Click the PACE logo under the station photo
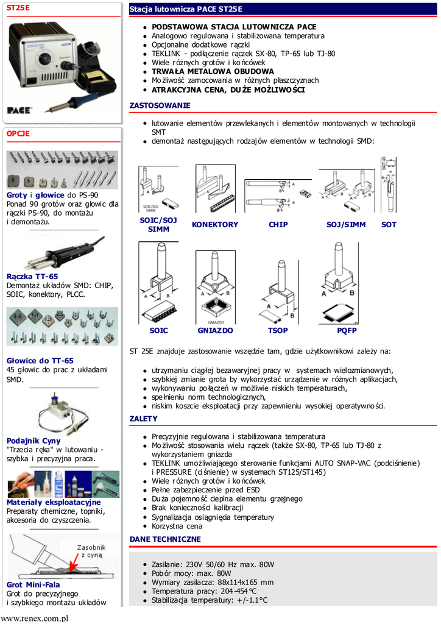pyautogui.click(x=19, y=110)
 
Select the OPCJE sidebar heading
pyautogui.click(x=18, y=133)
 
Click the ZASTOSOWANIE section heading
pyautogui.click(x=160, y=105)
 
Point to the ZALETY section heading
pyautogui.click(x=143, y=419)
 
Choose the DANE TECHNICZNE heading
pyautogui.click(x=165, y=539)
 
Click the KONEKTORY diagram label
pyautogui.click(x=215, y=225)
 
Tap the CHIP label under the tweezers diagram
pyautogui.click(x=278, y=225)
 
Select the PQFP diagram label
pyautogui.click(x=347, y=330)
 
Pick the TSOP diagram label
pyautogui.click(x=278, y=330)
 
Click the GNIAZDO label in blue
pyautogui.click(x=215, y=330)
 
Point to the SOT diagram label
pyautogui.click(x=389, y=225)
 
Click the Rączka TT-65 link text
pyautogui.click(x=32, y=277)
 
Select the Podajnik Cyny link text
pyautogui.click(x=34, y=441)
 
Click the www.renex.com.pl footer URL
pyautogui.click(x=34, y=618)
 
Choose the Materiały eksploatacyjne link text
pyautogui.click(x=54, y=502)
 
